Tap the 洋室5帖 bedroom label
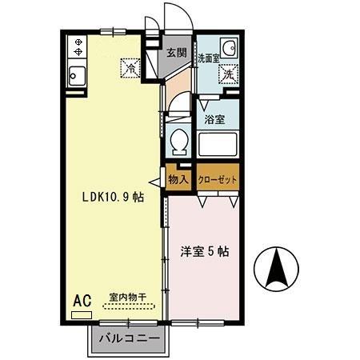click(x=204, y=251)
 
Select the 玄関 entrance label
click(x=176, y=54)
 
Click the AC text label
click(x=82, y=301)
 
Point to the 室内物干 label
click(x=128, y=297)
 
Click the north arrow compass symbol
click(x=275, y=270)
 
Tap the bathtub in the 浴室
click(x=217, y=145)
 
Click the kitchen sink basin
click(x=78, y=77)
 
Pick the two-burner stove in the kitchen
click(x=78, y=47)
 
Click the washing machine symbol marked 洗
click(x=229, y=74)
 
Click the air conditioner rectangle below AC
click(x=82, y=314)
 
